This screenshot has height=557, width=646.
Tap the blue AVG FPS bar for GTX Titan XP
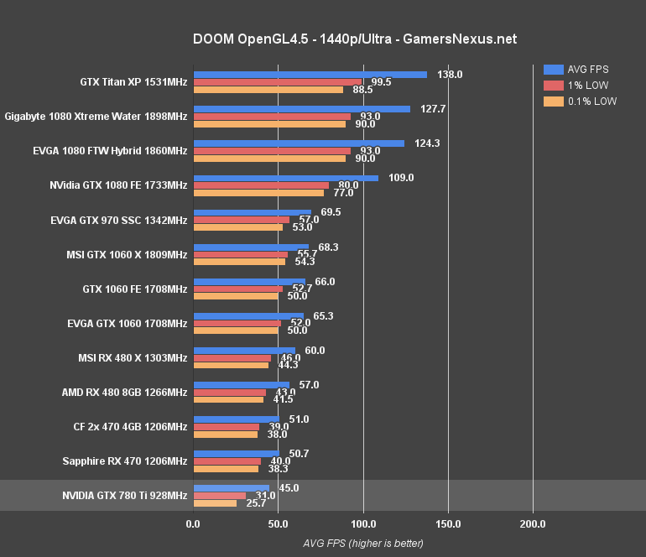click(x=310, y=75)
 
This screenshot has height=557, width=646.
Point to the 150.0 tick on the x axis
click(x=448, y=524)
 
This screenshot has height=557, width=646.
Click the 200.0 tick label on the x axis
click(x=533, y=524)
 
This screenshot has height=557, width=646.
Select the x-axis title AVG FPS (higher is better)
click(x=363, y=543)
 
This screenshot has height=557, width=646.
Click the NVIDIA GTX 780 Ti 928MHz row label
click(x=124, y=496)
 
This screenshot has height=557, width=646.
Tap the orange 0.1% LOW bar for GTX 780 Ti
click(x=216, y=503)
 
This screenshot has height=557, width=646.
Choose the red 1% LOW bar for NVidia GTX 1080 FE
click(x=262, y=185)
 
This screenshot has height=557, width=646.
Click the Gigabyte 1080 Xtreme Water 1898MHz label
click(x=96, y=116)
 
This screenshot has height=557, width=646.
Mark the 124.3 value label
click(x=427, y=143)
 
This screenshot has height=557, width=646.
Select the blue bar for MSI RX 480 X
click(x=245, y=351)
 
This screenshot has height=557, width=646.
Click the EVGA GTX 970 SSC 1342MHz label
click(x=119, y=220)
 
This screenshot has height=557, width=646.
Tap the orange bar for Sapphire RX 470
click(x=227, y=469)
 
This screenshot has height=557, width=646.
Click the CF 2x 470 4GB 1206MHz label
click(x=130, y=426)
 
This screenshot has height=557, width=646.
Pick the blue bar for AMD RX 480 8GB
click(x=242, y=385)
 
